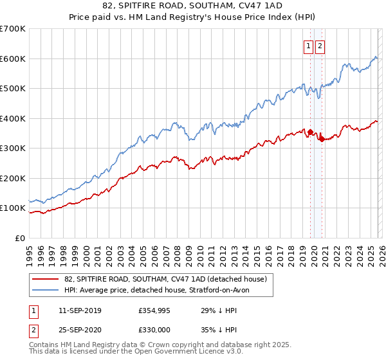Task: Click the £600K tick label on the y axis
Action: tap(13, 59)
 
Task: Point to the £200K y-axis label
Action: tap(13, 178)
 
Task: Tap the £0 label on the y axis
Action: tap(20, 238)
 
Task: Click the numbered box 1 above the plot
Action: tap(308, 46)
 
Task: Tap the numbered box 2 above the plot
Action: tap(320, 46)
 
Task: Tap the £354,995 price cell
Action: tap(154, 310)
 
